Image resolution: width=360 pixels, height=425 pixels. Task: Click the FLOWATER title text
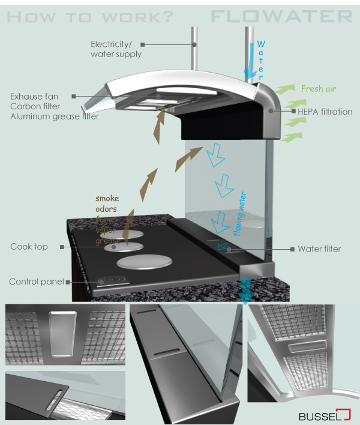281,16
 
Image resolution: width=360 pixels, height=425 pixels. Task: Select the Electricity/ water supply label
116,49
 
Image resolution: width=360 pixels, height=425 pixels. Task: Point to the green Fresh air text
319,89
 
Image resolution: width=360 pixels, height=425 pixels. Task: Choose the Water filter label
319,249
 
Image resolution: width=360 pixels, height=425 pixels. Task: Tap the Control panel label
37,282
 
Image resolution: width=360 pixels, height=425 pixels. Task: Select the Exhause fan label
35,97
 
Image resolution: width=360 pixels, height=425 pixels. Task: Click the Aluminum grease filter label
54,116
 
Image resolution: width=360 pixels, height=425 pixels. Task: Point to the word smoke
107,199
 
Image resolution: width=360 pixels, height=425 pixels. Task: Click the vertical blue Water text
261,60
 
